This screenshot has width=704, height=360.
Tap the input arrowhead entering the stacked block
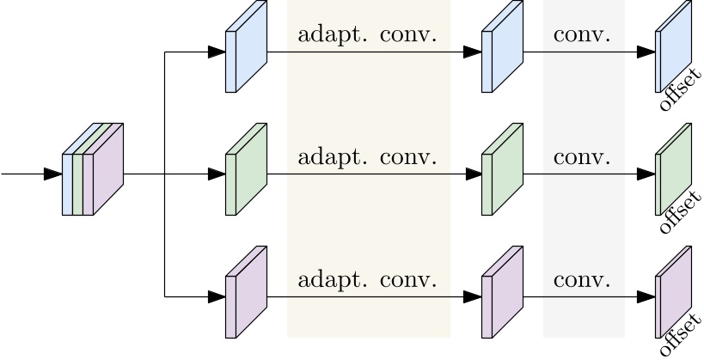tap(52, 174)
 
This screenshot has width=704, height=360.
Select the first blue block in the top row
tap(245, 48)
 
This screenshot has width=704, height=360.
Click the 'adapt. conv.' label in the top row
tap(367, 35)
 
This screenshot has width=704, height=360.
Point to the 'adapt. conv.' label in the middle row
tap(367, 158)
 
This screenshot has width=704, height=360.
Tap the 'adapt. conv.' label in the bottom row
tap(367, 280)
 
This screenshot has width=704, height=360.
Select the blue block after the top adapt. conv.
tap(501, 48)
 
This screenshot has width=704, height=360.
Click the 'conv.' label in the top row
tap(582, 35)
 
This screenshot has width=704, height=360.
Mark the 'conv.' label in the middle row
tap(582, 158)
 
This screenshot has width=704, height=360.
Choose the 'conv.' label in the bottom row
tap(582, 280)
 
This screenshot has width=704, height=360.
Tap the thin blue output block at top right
tap(672, 47)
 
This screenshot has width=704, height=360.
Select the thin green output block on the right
tap(672, 169)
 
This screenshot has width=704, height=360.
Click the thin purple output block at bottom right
tap(672, 292)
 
